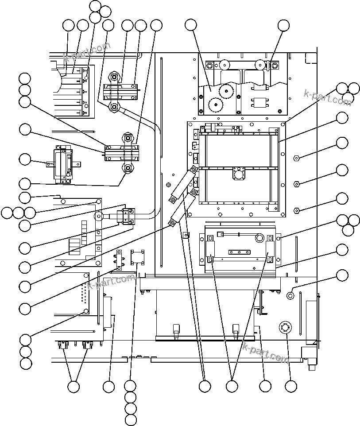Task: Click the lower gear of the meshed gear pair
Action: coord(214,106)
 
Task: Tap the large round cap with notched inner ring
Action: coord(283,328)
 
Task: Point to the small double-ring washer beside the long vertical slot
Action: coord(290,295)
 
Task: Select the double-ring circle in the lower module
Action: coord(259,238)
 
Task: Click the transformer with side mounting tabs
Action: coord(62,165)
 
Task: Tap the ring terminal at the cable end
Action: coord(97,217)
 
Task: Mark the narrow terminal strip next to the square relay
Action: coord(119,260)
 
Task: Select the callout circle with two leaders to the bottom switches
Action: coord(74,387)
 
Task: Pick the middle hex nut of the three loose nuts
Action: coord(297,184)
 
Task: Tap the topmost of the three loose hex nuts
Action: coord(297,157)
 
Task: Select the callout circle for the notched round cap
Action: coord(290,387)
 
